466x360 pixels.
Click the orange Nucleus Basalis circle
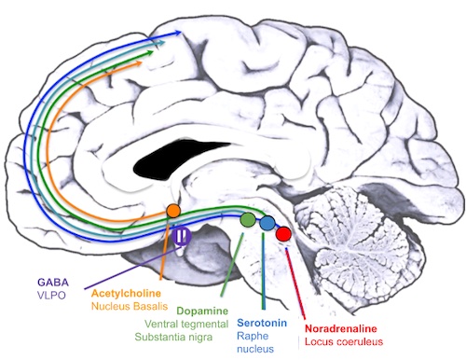(x=173, y=211)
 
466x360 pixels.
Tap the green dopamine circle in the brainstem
(x=248, y=219)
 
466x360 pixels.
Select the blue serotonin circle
(x=267, y=223)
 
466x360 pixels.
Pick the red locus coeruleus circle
(x=283, y=234)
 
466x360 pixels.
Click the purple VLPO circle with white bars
(x=182, y=235)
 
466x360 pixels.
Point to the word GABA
(x=53, y=282)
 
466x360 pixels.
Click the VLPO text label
(x=51, y=295)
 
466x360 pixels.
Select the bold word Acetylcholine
(x=126, y=293)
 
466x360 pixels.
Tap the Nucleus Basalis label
(x=130, y=306)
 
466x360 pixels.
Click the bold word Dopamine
(x=202, y=311)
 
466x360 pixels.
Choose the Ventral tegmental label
(x=186, y=324)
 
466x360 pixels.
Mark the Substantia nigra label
(x=173, y=337)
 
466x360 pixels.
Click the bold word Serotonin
(x=262, y=323)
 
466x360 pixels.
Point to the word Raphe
(x=253, y=336)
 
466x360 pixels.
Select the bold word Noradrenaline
(x=341, y=328)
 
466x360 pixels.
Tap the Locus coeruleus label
(x=344, y=341)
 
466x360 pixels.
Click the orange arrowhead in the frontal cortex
(x=139, y=63)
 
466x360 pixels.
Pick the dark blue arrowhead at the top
(x=178, y=33)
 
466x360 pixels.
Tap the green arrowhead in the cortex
(x=150, y=53)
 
